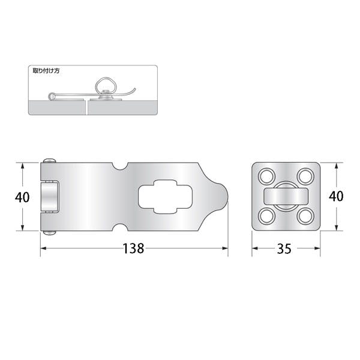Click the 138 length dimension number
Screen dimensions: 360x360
[133, 248]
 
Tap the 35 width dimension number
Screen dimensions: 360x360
[284, 248]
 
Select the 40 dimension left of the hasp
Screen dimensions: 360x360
[22, 197]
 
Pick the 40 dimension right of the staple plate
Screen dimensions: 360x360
[336, 197]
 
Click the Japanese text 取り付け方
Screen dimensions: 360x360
[46, 71]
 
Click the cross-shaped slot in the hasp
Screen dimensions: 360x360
[165, 197]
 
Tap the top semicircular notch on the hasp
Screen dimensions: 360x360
[120, 166]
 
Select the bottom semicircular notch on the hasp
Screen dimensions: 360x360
[120, 227]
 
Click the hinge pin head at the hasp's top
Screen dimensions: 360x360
[50, 160]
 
